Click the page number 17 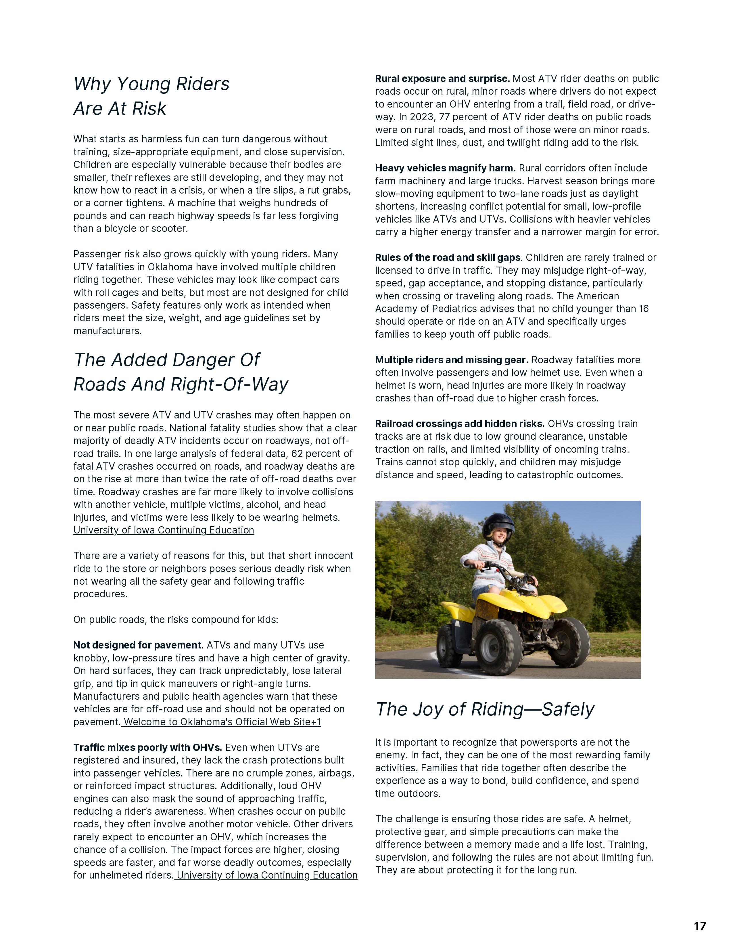(x=700, y=925)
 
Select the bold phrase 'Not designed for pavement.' (x=138, y=645)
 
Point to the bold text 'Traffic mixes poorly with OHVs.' (x=148, y=748)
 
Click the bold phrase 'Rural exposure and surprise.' (x=442, y=79)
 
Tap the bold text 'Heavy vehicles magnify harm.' (x=445, y=168)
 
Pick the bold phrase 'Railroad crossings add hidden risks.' (x=459, y=424)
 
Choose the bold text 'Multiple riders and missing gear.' (x=452, y=360)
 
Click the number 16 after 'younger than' (x=644, y=309)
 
